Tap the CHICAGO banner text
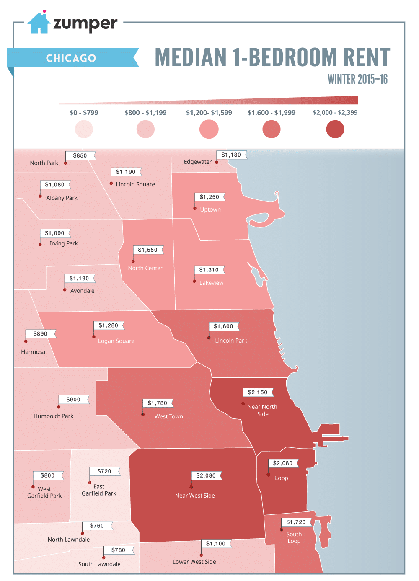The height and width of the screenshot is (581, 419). click(x=71, y=58)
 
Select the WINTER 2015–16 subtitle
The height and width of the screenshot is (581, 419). click(x=357, y=79)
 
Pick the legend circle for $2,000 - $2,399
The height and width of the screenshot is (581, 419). click(x=335, y=129)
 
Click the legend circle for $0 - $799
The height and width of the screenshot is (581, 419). click(x=84, y=129)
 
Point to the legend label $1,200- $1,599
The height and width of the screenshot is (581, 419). click(x=209, y=113)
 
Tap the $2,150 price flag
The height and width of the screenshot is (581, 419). click(x=258, y=392)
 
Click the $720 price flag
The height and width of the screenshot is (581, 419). click(x=104, y=471)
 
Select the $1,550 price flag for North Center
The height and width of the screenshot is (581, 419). click(x=148, y=250)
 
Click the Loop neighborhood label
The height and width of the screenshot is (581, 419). click(x=281, y=478)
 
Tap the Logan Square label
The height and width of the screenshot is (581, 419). click(x=116, y=341)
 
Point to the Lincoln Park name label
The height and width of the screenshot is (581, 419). click(x=231, y=341)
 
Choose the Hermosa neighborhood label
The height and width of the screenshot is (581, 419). click(x=33, y=352)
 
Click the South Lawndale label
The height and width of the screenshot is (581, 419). click(x=99, y=564)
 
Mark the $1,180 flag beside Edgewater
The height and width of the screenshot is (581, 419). click(x=231, y=155)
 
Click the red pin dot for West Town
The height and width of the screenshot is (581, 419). click(x=143, y=414)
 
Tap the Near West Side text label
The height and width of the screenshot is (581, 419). click(x=195, y=496)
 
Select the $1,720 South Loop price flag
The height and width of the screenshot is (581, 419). click(x=296, y=522)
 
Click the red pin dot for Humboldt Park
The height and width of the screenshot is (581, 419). click(x=59, y=407)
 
